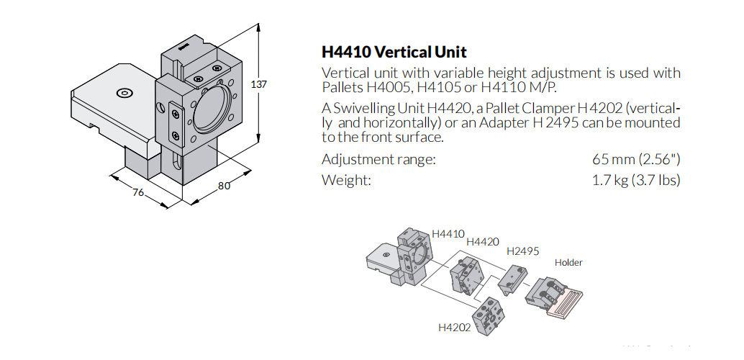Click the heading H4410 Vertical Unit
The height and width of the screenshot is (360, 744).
point(394,53)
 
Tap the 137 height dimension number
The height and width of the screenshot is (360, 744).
point(258,84)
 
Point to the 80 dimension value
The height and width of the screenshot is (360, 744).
point(224,186)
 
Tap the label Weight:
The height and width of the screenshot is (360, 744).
point(346,180)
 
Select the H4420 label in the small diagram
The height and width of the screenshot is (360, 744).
point(482,242)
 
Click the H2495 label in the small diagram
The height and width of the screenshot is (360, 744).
point(522,251)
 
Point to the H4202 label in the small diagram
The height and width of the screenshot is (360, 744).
point(454,328)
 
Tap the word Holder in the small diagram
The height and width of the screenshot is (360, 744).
point(568,263)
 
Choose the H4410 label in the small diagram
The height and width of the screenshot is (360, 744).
point(448,234)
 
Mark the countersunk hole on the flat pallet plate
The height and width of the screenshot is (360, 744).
point(124,93)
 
